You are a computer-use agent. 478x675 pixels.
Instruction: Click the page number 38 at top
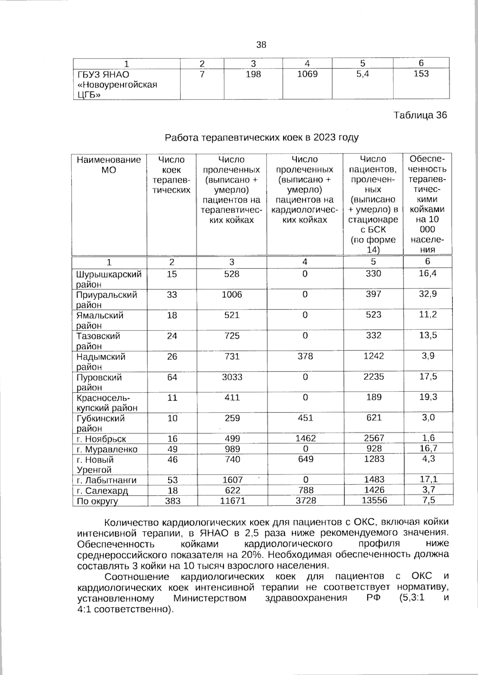pos(261,45)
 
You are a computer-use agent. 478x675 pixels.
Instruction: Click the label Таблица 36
pos(420,115)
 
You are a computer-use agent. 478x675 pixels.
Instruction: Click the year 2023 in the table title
pos(325,138)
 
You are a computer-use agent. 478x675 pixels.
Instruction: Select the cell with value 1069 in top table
pos(308,74)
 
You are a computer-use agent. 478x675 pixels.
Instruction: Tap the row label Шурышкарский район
pos(109,279)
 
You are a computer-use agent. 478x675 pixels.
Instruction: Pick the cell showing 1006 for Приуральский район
pos(232,295)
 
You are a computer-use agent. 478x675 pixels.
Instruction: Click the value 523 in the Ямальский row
pos(373,315)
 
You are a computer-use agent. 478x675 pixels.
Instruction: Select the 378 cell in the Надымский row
pos(305,356)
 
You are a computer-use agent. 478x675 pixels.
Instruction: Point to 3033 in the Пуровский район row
pos(232,377)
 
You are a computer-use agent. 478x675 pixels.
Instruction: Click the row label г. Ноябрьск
pos(102,439)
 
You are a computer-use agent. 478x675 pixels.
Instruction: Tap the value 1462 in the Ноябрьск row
pos(305,438)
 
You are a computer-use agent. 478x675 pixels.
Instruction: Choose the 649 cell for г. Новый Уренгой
pos(305,459)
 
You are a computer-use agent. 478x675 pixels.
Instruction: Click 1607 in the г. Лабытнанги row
pos(232,480)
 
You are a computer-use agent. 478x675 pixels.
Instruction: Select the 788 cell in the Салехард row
pos(305,490)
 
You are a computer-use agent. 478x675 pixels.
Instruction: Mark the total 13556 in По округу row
pos(373,500)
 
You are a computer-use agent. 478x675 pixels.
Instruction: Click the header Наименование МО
pos(109,165)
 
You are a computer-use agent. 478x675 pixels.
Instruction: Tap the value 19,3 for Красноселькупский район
pos(428,397)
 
